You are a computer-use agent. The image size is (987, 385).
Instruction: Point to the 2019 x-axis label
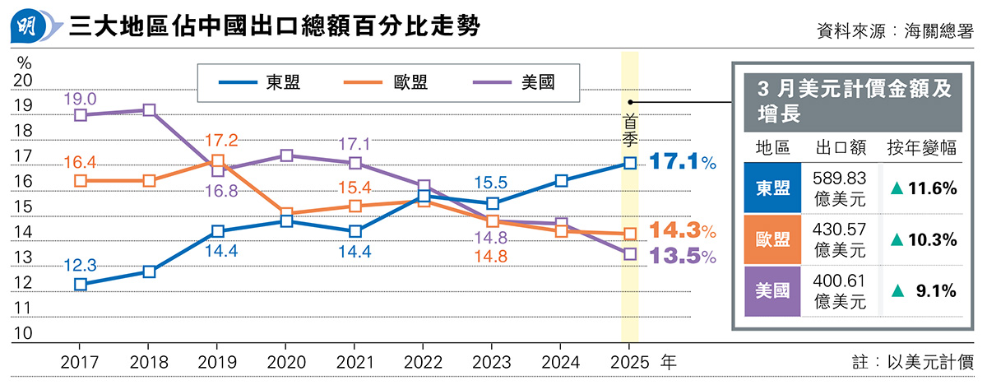coord(217,361)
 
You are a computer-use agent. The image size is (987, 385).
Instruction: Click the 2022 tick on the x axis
coord(423,361)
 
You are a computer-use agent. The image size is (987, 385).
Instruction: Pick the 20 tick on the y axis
coord(23,81)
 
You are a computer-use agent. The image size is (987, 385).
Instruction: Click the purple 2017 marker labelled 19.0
coord(81,115)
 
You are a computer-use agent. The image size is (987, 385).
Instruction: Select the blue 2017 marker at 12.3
coord(81,284)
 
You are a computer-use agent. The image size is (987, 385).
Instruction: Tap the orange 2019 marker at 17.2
coord(217,161)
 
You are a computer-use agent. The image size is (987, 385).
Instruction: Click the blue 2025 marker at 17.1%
coord(629,163)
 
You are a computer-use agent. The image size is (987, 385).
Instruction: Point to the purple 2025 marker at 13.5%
coord(629,254)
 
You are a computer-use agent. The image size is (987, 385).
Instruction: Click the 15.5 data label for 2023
coord(490,183)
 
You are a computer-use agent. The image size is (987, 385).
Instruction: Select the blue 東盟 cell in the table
coord(772,188)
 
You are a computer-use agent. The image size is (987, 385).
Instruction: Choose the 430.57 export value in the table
coord(840,232)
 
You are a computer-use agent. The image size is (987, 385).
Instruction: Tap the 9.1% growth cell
coord(923,290)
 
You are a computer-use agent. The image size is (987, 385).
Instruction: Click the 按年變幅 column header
coord(921,148)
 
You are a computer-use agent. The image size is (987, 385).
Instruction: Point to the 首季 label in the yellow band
coord(629,128)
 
